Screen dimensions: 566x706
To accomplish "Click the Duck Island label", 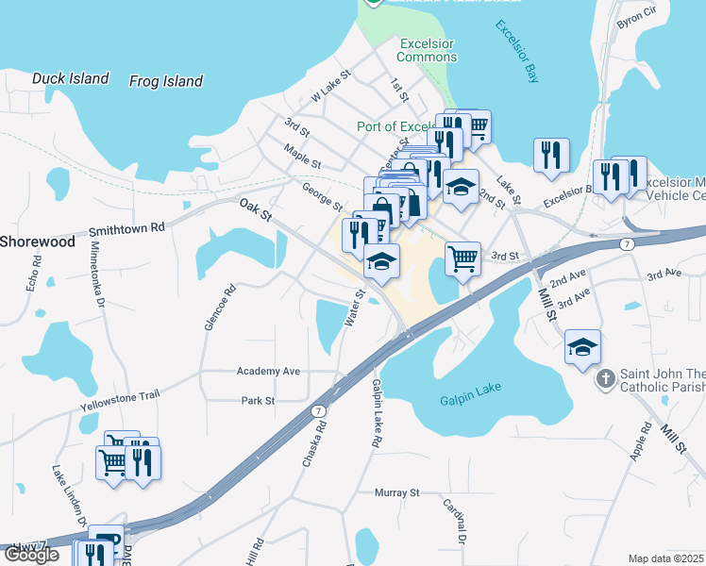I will tap(70, 79).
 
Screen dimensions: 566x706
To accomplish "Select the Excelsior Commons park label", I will tap(428, 50).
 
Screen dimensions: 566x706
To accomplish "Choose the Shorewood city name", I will tap(36, 241).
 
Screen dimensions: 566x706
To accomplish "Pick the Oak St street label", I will tap(255, 209).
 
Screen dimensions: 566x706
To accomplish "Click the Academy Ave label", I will tap(268, 372).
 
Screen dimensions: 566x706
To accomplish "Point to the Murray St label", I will tap(395, 492).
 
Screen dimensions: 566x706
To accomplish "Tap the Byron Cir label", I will tap(661, 19).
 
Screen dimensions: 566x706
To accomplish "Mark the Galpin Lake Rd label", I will tap(376, 413).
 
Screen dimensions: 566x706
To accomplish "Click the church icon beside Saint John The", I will tap(605, 380).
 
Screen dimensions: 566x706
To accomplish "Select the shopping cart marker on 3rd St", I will tap(462, 258).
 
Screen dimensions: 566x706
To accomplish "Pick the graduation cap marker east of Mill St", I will tap(583, 346).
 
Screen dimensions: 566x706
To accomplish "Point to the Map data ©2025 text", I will tap(665, 558).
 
